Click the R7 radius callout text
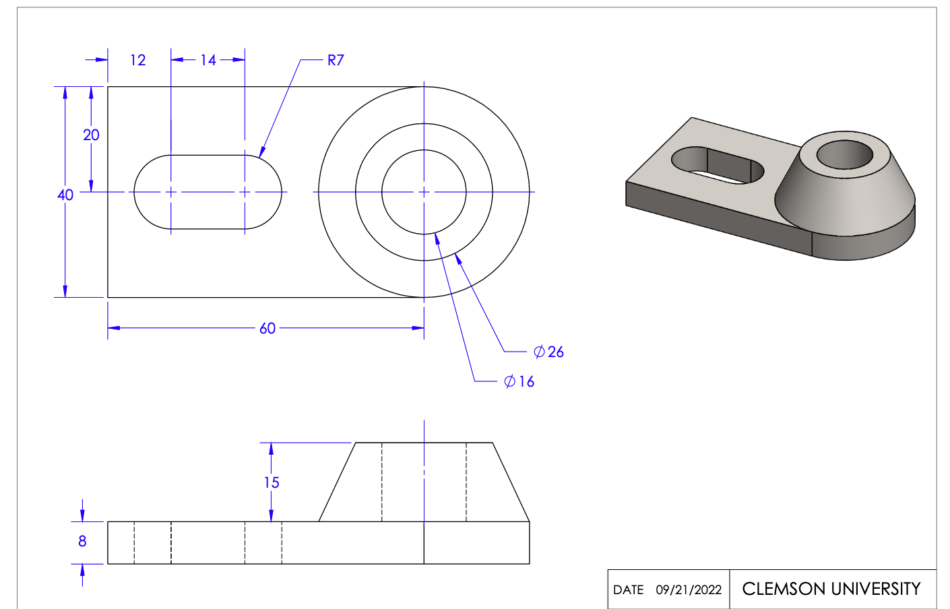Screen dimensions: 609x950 tap(336, 60)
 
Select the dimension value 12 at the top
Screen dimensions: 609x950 tap(138, 60)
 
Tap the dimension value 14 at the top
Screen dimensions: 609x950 tap(208, 60)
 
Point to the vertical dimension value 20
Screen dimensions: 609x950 tap(91, 135)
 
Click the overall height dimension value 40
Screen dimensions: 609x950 tap(65, 195)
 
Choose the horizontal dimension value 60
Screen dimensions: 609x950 tap(267, 328)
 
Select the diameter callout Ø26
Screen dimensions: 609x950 tap(548, 352)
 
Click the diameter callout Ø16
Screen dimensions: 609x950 tap(519, 381)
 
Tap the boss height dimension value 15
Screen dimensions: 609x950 tap(272, 482)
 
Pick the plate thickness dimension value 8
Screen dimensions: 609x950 tap(82, 541)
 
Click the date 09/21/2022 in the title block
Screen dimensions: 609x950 tap(689, 590)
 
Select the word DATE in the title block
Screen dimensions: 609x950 tap(628, 590)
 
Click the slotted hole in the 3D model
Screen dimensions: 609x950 tap(718, 165)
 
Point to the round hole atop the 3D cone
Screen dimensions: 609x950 tap(844, 155)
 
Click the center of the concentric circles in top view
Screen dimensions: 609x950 tap(424, 192)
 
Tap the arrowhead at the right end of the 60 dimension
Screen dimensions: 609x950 tap(418, 328)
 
